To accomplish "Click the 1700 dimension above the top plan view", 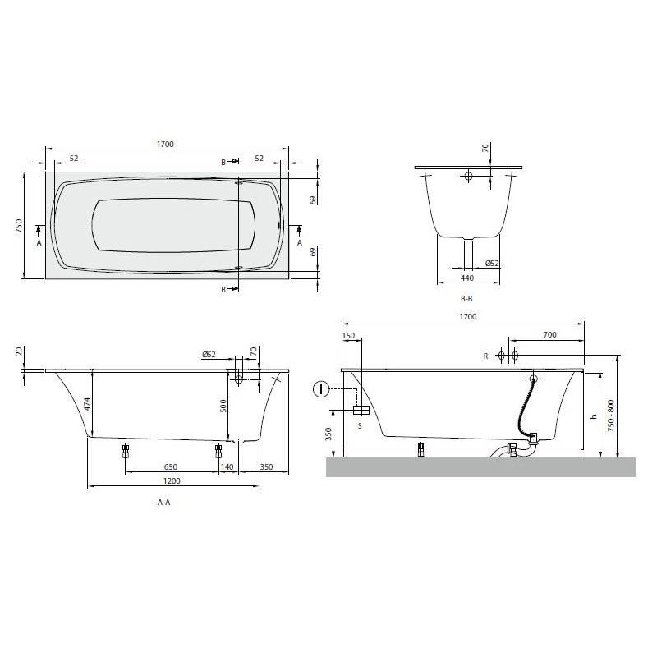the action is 165,145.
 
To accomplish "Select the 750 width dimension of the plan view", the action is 19,227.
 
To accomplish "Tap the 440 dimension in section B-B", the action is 467,278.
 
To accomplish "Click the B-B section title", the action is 466,299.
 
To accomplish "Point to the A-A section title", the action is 163,503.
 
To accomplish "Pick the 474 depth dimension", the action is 87,403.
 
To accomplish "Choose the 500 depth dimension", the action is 223,406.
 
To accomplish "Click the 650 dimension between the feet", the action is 171,466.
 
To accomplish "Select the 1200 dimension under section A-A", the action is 172,481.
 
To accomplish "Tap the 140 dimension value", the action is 227,466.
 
